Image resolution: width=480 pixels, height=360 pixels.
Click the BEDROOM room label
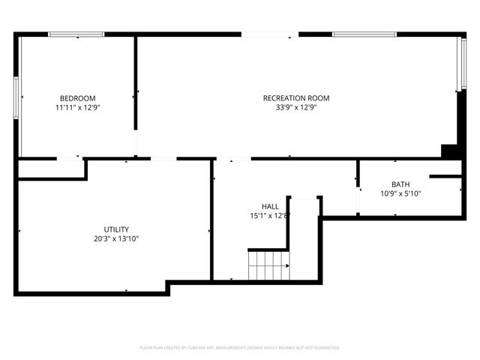pyautogui.click(x=77, y=98)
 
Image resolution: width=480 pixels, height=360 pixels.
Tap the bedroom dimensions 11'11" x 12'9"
pyautogui.click(x=77, y=108)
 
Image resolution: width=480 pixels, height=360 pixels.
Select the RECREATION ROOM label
pyautogui.click(x=295, y=98)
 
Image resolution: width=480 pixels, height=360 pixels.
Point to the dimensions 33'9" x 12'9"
pyautogui.click(x=295, y=108)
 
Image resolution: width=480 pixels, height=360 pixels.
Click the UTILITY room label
pyautogui.click(x=116, y=229)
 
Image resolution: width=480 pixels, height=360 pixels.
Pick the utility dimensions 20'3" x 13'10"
pyautogui.click(x=116, y=239)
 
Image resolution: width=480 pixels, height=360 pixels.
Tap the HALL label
pyautogui.click(x=270, y=206)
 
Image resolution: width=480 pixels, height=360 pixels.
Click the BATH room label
pyautogui.click(x=400, y=184)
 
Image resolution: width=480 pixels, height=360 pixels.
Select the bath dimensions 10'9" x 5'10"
pyautogui.click(x=400, y=194)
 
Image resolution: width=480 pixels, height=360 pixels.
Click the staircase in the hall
pyautogui.click(x=268, y=265)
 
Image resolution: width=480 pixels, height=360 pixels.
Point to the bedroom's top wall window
pyautogui.click(x=76, y=34)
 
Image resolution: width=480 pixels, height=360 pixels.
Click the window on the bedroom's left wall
pyautogui.click(x=16, y=97)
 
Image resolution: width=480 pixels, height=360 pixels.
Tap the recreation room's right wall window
pyautogui.click(x=463, y=64)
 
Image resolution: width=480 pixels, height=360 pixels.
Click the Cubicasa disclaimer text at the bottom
pyautogui.click(x=240, y=348)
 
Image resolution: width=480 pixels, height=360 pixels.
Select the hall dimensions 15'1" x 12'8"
pyautogui.click(x=270, y=216)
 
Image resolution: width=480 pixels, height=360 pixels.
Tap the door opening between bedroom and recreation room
pyautogui.click(x=136, y=142)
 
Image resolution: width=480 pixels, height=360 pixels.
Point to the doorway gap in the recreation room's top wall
pyautogui.click(x=270, y=34)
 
